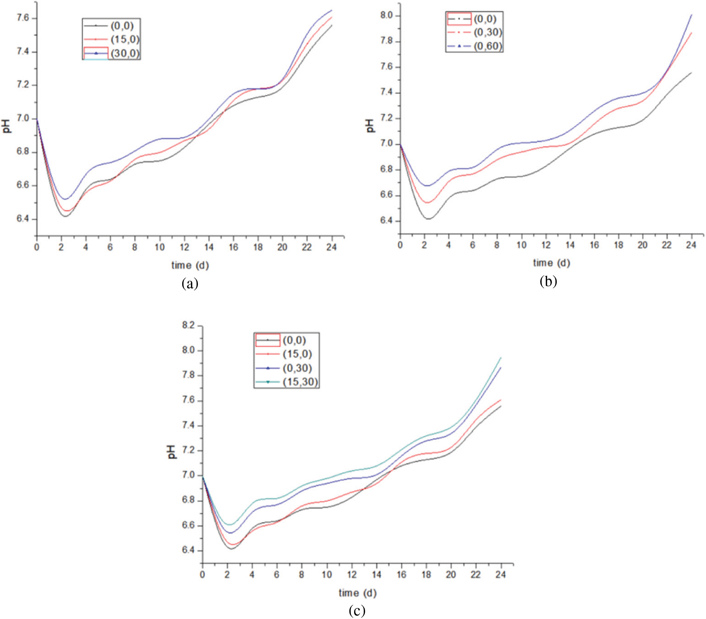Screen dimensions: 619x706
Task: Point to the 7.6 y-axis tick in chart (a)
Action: click(23, 18)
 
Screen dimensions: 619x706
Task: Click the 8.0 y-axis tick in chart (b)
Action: click(386, 16)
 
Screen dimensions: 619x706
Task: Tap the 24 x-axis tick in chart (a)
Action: click(331, 248)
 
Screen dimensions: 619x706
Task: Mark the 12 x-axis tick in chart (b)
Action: click(546, 245)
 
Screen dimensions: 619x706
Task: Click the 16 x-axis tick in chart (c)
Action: click(402, 575)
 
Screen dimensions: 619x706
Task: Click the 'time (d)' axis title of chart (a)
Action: click(190, 265)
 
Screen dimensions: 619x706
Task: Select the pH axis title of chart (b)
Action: click(370, 125)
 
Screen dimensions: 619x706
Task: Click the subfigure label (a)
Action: click(190, 284)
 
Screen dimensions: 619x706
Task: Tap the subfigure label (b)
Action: click(548, 281)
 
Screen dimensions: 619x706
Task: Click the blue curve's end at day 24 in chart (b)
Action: click(691, 15)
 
